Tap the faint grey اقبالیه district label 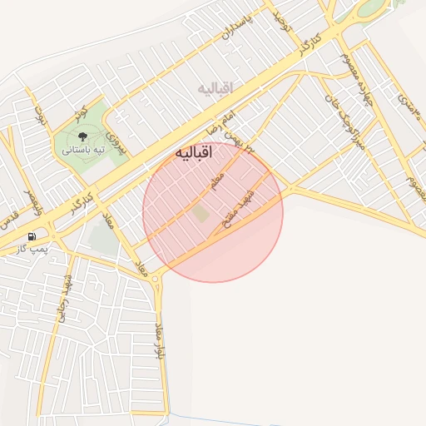[x=215, y=87]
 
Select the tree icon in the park [x=82, y=136]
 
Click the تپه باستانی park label [x=82, y=151]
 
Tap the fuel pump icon [x=32, y=236]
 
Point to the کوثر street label [x=80, y=113]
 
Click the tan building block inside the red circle [x=201, y=213]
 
